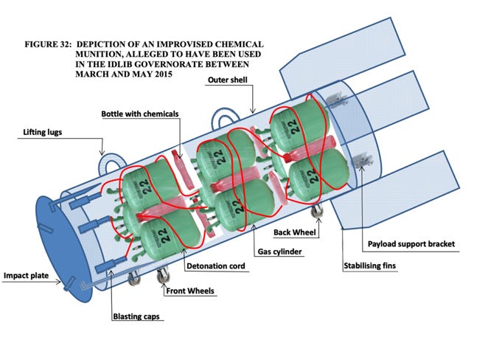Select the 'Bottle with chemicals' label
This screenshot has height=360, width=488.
click(141, 113)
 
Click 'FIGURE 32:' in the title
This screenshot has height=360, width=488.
click(46, 44)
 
